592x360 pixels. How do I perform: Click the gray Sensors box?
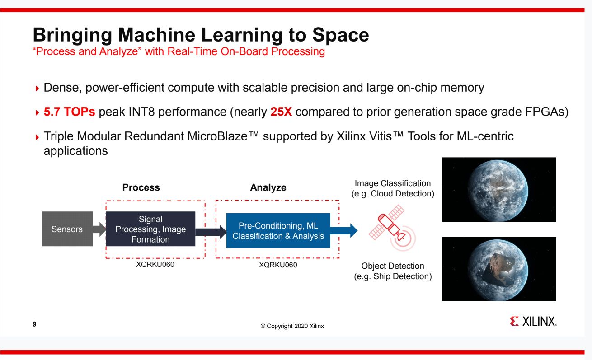(67, 229)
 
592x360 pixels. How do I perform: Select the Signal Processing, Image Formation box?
(150, 229)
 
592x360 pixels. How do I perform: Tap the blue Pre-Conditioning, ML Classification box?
(278, 231)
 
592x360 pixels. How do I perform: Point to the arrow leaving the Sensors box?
(99, 229)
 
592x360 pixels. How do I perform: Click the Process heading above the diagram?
(141, 187)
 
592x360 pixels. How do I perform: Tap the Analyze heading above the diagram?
(268, 187)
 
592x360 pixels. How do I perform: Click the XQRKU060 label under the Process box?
(155, 265)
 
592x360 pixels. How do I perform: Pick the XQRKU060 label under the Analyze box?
(278, 265)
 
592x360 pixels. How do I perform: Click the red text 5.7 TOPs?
(69, 112)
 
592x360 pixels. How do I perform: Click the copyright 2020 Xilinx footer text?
(292, 327)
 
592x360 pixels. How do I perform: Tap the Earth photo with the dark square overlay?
(499, 269)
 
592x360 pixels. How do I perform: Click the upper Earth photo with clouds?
(499, 189)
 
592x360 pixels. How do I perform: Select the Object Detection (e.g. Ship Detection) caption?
(393, 271)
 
